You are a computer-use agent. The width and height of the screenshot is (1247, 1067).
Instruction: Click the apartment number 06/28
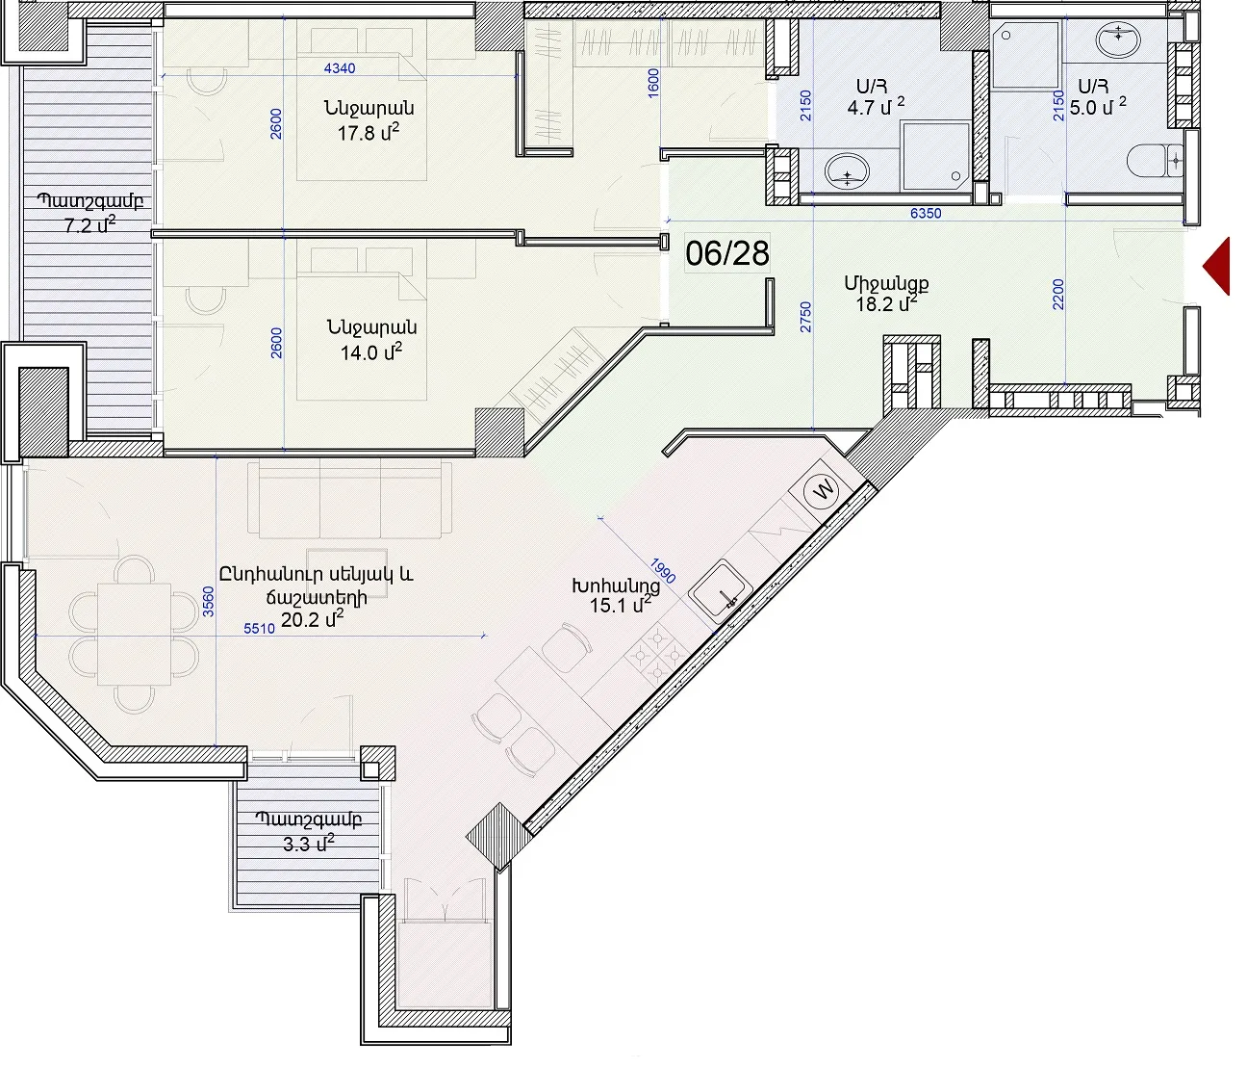pos(727,253)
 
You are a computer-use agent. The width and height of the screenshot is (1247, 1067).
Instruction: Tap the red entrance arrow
pos(1217,267)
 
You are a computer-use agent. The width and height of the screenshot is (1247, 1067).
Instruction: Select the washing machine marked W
pos(823,488)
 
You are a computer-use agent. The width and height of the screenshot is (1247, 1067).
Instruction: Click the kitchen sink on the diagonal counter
pos(721,588)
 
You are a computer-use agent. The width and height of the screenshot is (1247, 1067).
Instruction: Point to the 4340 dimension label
pos(340,68)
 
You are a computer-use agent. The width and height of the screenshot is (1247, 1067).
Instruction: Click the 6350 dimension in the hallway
pos(926,213)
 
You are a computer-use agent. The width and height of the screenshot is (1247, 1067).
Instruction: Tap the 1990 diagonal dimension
pos(662,571)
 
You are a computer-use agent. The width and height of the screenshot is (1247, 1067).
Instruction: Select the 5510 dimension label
pos(260,629)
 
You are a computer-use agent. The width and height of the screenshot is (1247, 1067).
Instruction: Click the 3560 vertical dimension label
pos(208,602)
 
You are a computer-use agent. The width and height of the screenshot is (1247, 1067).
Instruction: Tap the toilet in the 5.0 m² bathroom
pos(1154,161)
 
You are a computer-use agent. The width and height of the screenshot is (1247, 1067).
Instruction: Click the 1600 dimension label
pos(652,83)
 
